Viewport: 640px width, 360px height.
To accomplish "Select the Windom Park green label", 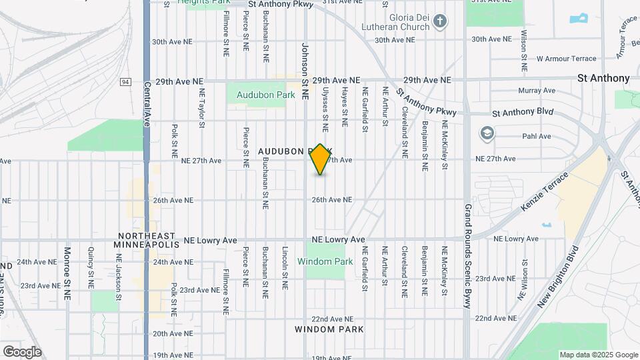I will [x=325, y=261].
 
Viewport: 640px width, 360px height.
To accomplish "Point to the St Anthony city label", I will [x=603, y=78].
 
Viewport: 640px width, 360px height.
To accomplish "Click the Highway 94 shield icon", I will [x=125, y=81].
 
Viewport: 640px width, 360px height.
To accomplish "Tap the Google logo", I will [x=22, y=351].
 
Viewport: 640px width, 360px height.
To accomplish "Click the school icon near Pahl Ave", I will [x=487, y=133].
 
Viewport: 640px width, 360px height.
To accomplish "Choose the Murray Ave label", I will [x=536, y=90].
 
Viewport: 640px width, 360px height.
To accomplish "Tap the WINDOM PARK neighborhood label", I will [x=329, y=329].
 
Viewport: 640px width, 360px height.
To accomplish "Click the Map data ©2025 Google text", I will [x=598, y=355].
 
